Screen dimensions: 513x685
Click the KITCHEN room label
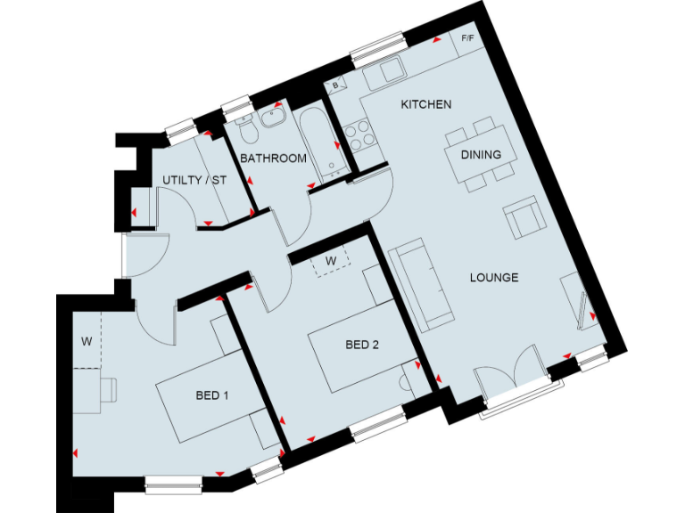(x=425, y=104)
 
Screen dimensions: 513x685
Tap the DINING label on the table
(x=481, y=154)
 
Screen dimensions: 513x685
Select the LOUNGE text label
(x=494, y=277)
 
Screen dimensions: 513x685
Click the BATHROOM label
(x=274, y=159)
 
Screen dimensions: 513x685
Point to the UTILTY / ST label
(x=194, y=181)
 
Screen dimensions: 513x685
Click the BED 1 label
(x=212, y=395)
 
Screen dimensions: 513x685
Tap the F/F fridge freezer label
(x=468, y=40)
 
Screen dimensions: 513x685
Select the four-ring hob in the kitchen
(x=358, y=136)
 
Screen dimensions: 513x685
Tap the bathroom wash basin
(x=276, y=118)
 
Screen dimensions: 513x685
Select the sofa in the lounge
(x=422, y=282)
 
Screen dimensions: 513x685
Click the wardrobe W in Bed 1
(x=87, y=340)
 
